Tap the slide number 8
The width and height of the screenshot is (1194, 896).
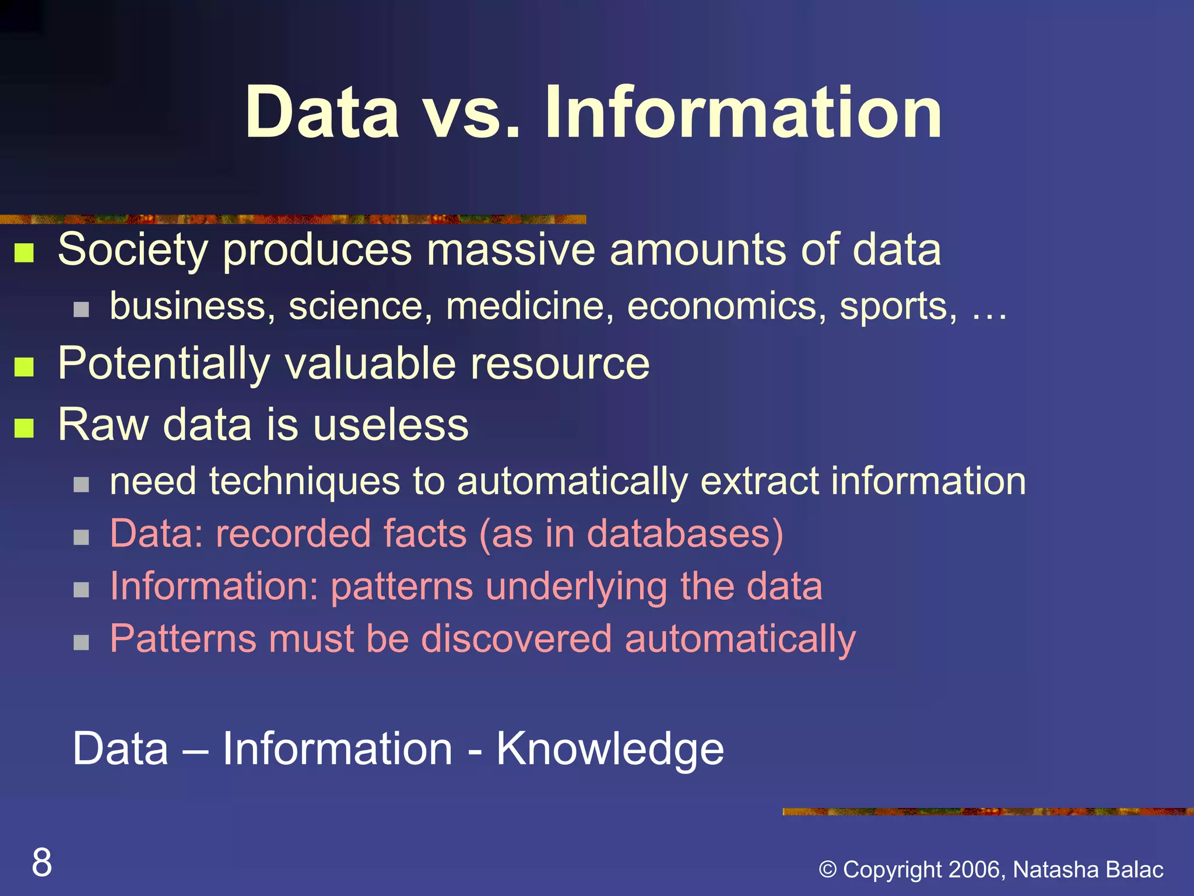coord(42,862)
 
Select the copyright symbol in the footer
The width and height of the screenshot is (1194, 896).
coord(828,870)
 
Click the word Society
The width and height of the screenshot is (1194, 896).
coord(133,250)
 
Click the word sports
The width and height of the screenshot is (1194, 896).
coord(897,307)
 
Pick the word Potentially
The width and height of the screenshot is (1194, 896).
coord(164,364)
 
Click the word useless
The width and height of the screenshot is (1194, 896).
coord(391,425)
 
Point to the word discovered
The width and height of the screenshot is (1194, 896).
coord(517,639)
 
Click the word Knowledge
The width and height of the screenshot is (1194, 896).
coord(610,749)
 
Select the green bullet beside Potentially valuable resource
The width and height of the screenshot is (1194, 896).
coord(24,367)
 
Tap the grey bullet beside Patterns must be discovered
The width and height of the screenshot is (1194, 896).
coord(82,642)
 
